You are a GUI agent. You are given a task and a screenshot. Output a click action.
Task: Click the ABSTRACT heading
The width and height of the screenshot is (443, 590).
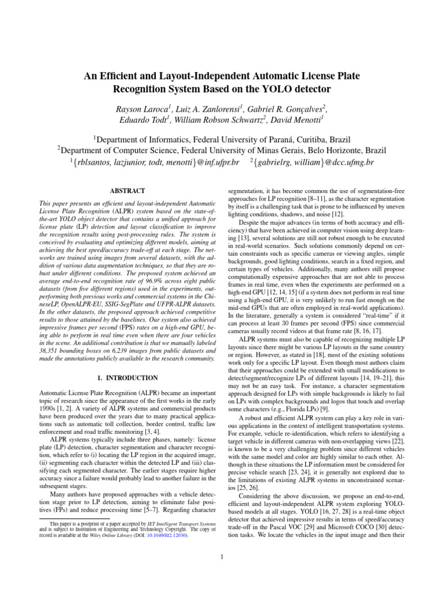pos(127,191)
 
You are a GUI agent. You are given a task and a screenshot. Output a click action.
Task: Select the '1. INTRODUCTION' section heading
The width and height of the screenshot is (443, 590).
pos(127,377)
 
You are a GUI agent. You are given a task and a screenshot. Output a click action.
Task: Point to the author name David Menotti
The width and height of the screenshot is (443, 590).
pos(299,122)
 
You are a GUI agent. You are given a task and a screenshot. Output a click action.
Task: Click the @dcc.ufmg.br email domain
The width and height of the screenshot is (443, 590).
pos(346,163)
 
